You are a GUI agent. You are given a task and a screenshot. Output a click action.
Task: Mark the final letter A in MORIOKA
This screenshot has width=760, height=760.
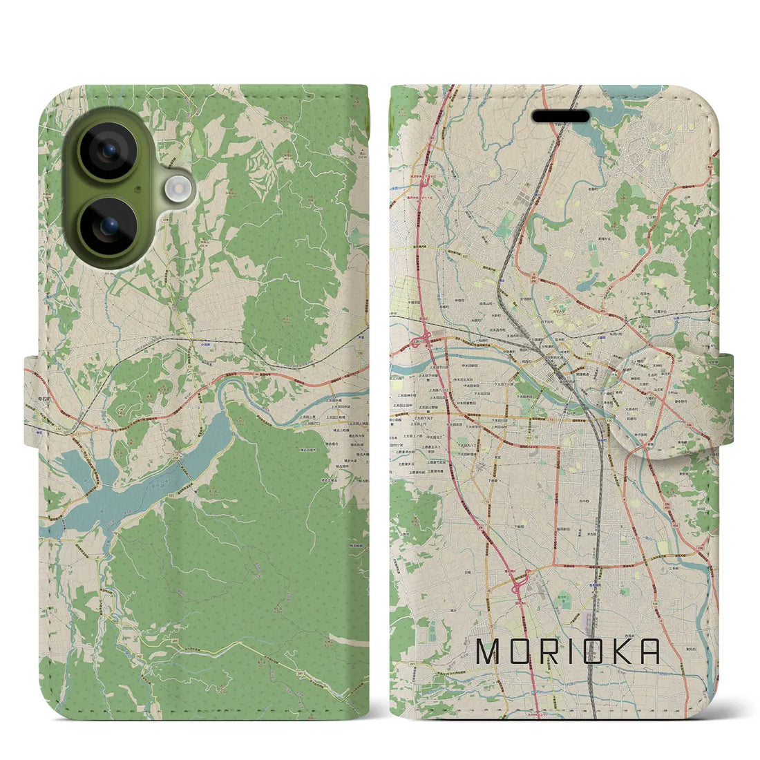click(649, 652)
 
